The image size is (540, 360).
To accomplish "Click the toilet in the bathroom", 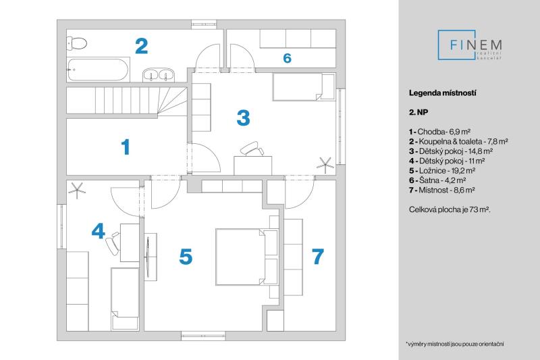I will pyautogui.click(x=78, y=43).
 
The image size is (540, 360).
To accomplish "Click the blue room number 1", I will pyautogui.click(x=125, y=147).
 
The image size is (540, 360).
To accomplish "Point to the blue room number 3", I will pyautogui.click(x=243, y=117).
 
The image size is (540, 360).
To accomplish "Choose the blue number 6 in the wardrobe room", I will pyautogui.click(x=287, y=59).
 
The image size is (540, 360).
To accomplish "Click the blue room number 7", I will pyautogui.click(x=317, y=257).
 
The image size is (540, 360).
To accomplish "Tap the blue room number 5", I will pyautogui.click(x=186, y=257).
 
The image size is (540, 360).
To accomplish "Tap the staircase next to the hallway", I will pyautogui.click(x=128, y=101).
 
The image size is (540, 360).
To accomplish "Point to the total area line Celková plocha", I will pyautogui.click(x=450, y=210).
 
